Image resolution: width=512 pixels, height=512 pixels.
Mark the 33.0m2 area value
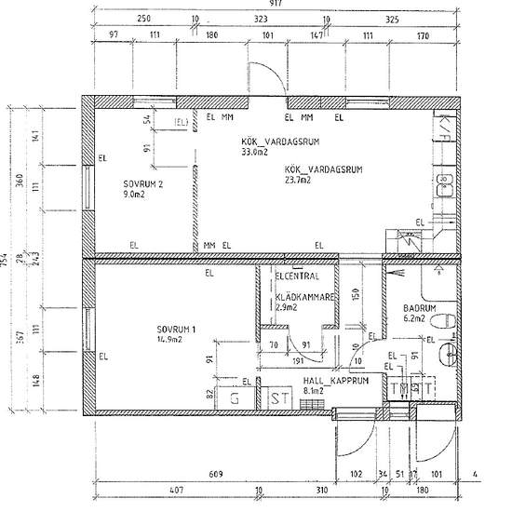click(254, 151)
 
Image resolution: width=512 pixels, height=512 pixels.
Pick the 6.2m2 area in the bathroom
click(413, 319)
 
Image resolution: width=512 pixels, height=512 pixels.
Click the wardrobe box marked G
click(235, 397)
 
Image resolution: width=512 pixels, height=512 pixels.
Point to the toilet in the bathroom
click(441, 321)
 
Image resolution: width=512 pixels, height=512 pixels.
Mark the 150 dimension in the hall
click(356, 293)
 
